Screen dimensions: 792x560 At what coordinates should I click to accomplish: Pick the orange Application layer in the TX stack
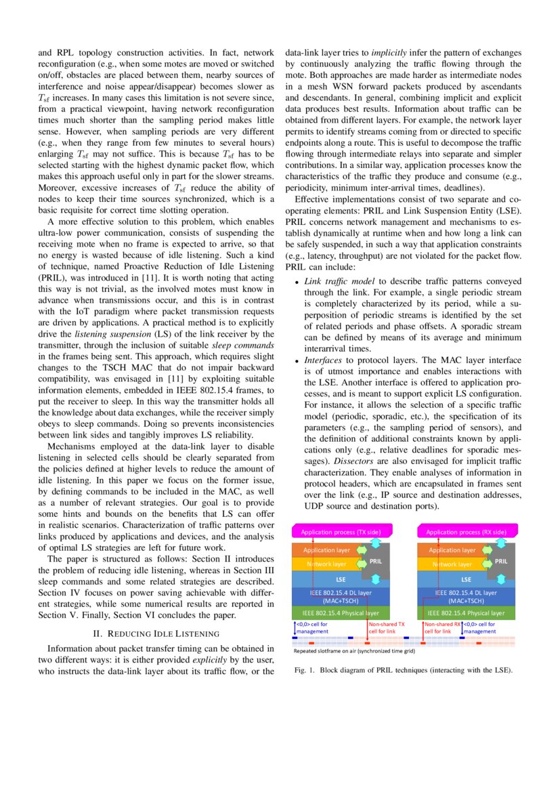coord(327,550)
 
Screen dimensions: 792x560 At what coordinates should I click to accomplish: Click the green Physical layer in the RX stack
coord(466,613)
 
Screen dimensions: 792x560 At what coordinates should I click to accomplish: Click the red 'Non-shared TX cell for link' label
coord(387,627)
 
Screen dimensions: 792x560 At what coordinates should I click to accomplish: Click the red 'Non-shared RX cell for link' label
coord(441,627)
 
